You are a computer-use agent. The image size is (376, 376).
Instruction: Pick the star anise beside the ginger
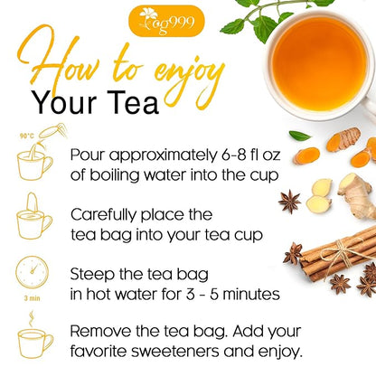[291, 203]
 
